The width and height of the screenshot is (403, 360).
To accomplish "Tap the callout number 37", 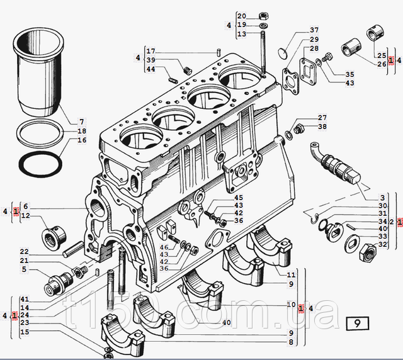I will click(314, 30).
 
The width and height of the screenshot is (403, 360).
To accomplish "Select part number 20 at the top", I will click(242, 15).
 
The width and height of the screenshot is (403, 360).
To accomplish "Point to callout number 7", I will click(81, 121).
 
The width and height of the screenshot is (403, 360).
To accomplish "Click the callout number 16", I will click(81, 140).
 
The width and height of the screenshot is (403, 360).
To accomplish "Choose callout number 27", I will click(322, 118).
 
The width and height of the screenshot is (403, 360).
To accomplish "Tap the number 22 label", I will click(24, 251).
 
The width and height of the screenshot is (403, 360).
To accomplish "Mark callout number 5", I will click(24, 270).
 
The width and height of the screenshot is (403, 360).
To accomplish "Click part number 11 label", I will click(291, 275).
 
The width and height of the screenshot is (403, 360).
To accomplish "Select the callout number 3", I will click(382, 198).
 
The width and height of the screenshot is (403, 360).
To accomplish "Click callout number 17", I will click(150, 51).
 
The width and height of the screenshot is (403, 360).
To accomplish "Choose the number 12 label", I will click(25, 216).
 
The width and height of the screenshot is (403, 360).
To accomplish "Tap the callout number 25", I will click(382, 56).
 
